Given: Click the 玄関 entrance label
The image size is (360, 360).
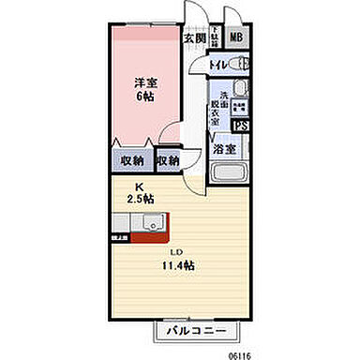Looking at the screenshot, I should coord(194,39).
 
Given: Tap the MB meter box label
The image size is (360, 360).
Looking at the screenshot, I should coord(235,38).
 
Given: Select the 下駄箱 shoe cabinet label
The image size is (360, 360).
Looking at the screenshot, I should coord(215,38).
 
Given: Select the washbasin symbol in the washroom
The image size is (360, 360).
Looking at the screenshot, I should coord(239,89).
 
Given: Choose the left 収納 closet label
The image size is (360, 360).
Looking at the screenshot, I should coord(133,161).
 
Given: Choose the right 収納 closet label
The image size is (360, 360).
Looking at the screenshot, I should coord(169,161).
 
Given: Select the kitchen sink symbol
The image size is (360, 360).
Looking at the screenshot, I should coord(151,223).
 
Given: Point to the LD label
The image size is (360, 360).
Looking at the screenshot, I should coord(175,253).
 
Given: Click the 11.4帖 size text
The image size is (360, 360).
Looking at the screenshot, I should coord(175,266).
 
